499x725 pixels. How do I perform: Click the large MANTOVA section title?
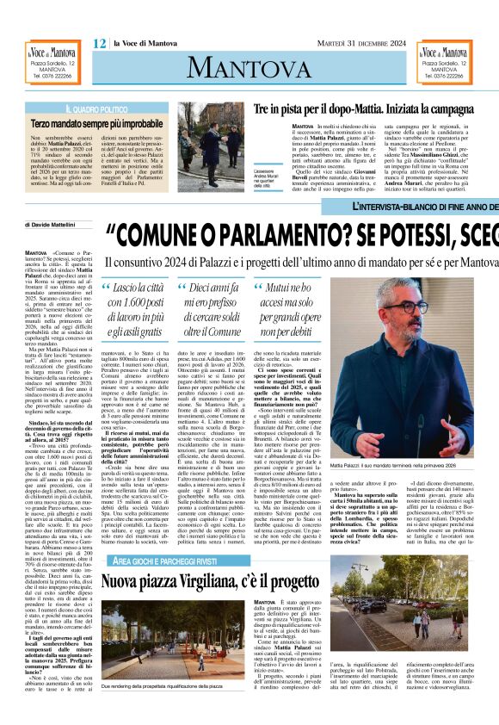click(x=250, y=67)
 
